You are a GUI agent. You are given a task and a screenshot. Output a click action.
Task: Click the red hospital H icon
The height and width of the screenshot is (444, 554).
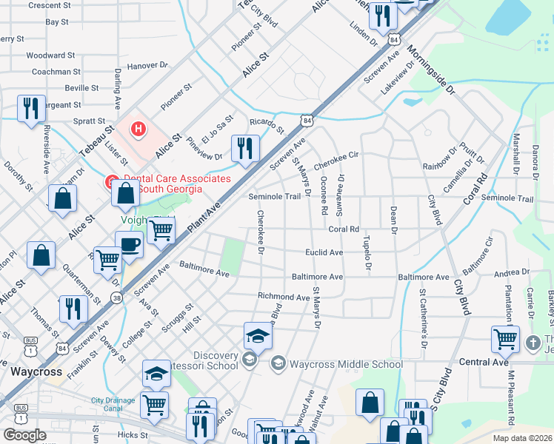137,129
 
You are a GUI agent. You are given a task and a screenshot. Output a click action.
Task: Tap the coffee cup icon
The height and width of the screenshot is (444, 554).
130,245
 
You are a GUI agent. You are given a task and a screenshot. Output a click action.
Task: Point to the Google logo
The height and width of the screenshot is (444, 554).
24,434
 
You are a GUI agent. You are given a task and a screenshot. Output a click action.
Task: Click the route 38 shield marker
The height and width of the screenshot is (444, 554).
116,298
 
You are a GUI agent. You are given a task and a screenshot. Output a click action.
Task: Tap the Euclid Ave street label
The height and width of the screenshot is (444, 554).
324,252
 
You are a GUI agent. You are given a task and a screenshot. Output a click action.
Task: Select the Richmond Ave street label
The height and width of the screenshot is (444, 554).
283,297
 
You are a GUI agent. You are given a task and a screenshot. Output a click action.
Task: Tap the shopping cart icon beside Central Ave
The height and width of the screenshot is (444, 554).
505,339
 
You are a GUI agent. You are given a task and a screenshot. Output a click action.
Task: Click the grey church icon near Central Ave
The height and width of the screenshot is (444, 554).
533,343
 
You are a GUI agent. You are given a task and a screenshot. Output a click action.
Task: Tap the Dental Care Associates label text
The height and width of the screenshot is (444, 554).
176,184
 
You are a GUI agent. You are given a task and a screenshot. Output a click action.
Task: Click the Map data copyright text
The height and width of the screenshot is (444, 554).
522,438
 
